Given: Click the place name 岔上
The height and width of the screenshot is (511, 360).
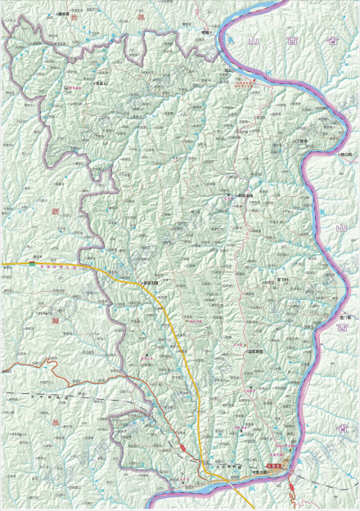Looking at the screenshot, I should click(227, 71).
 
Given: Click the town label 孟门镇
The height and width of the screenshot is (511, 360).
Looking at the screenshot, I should click(344, 316).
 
